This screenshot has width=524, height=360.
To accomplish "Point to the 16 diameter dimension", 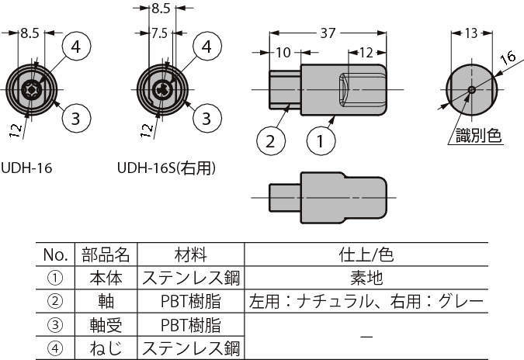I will [508, 57].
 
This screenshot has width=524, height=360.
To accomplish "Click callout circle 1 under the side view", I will [321, 141].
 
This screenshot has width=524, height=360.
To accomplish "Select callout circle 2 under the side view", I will [270, 141].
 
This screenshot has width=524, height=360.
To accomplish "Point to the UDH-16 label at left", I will [26, 167].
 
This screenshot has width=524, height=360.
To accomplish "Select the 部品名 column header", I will [105, 254].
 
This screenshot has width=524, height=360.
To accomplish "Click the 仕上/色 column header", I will [365, 254].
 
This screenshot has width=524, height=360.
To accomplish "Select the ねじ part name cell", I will [105, 348].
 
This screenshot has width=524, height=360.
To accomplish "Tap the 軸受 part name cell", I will [105, 324].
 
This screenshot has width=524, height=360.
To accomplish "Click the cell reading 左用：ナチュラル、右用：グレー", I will [365, 301].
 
